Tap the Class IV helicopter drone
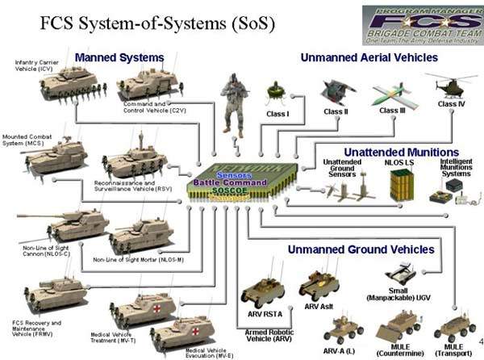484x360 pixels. (451, 85)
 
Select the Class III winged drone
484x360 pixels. (393, 94)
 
